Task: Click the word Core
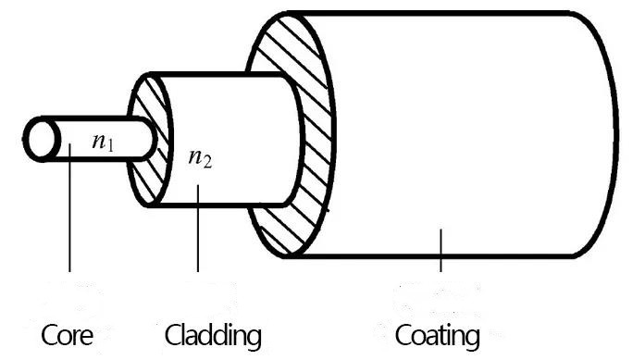[x=70, y=333]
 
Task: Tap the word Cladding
[x=213, y=333]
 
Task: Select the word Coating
[x=437, y=333]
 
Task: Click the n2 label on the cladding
[x=201, y=157]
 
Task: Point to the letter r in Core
[x=81, y=335]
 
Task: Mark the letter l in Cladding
[x=183, y=331]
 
